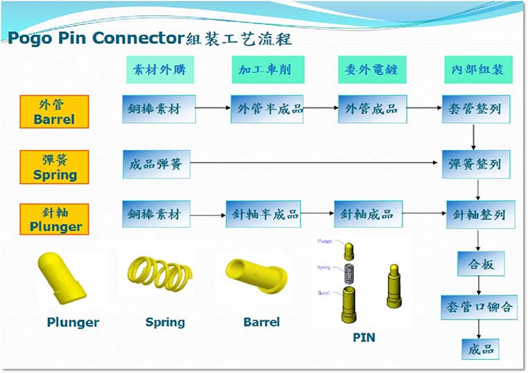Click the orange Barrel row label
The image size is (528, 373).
point(54,111)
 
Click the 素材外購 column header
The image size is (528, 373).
point(160,70)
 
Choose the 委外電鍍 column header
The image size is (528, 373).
point(371,70)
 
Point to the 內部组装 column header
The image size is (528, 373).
point(478,70)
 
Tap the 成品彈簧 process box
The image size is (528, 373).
point(155,165)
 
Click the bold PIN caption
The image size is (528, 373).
point(364,338)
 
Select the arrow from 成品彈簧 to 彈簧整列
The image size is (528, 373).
point(316,165)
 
